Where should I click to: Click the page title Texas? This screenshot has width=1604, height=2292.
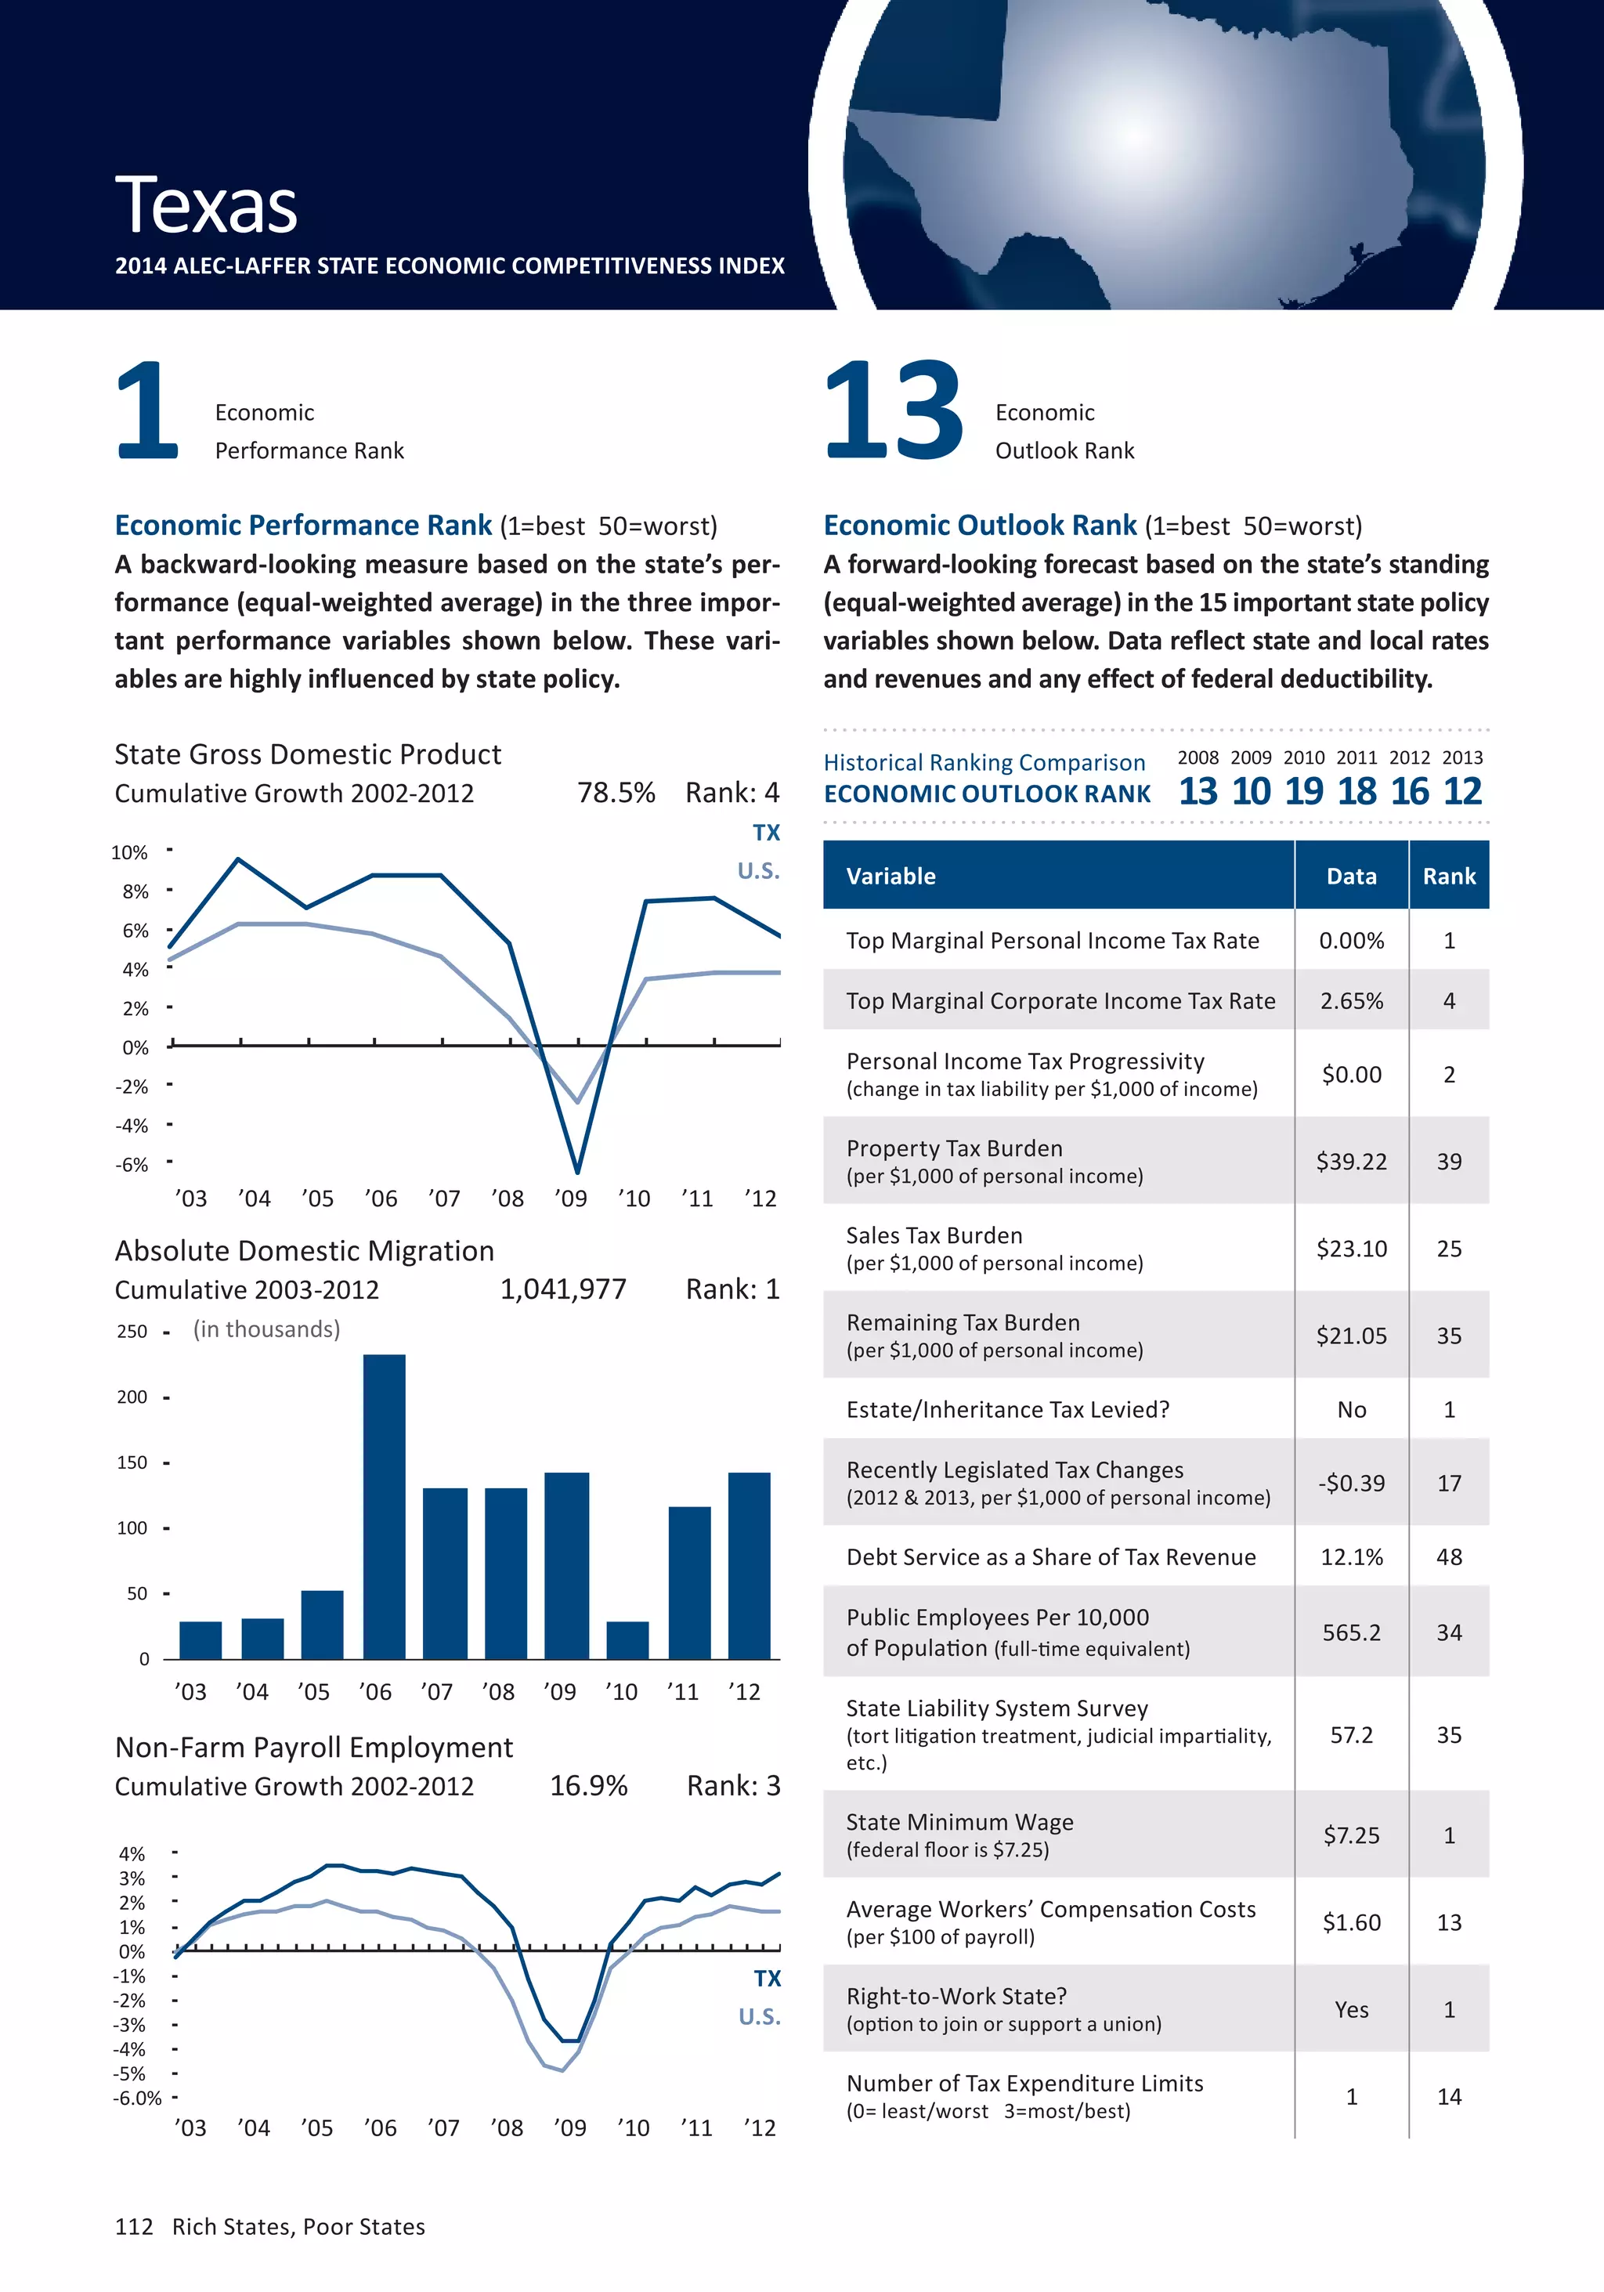pyautogui.click(x=207, y=206)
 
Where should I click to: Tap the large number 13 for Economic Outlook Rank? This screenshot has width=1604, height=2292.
pyautogui.click(x=894, y=411)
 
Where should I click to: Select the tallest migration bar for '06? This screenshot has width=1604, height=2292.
pyautogui.click(x=385, y=1506)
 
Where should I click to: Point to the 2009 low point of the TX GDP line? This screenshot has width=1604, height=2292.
pyautogui.click(x=577, y=1170)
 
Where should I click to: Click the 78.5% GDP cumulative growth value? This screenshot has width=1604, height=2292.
pyautogui.click(x=616, y=793)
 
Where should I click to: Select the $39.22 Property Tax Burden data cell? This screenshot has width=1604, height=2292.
pyautogui.click(x=1352, y=1161)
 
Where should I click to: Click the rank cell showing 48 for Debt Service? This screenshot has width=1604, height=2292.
pyautogui.click(x=1448, y=1557)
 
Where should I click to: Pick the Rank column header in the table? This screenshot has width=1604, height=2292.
pyautogui.click(x=1448, y=877)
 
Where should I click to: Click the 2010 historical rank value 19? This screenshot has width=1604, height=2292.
pyautogui.click(x=1303, y=792)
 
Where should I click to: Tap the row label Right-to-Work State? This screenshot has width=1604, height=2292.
pyautogui.click(x=956, y=1996)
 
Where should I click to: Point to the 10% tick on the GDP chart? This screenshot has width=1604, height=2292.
pyautogui.click(x=130, y=852)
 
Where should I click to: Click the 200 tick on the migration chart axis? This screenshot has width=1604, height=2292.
pyautogui.click(x=132, y=1397)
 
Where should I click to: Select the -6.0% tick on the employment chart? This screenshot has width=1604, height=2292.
pyautogui.click(x=137, y=2099)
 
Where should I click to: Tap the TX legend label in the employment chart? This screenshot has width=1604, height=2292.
pyautogui.click(x=767, y=1979)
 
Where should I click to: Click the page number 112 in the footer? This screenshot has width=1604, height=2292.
pyautogui.click(x=134, y=2227)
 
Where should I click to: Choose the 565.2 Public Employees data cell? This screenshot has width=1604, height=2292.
pyautogui.click(x=1352, y=1632)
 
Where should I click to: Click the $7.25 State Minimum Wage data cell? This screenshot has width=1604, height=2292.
pyautogui.click(x=1352, y=1835)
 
